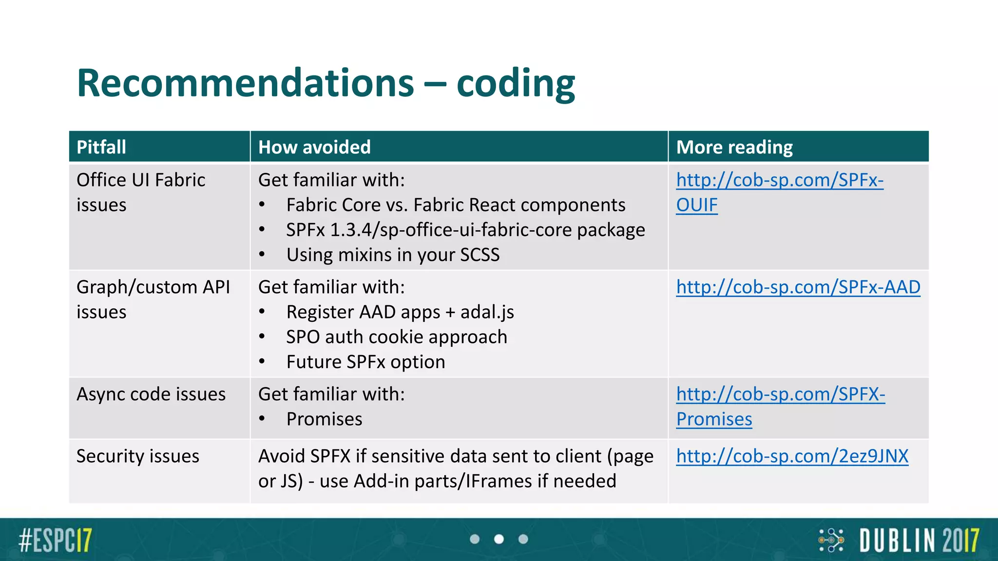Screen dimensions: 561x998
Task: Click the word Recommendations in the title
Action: tap(245, 83)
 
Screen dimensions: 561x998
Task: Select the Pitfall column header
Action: tap(101, 147)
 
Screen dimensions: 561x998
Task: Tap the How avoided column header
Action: tap(314, 147)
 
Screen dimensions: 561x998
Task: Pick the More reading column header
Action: tap(734, 147)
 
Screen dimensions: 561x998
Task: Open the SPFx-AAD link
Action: tap(798, 287)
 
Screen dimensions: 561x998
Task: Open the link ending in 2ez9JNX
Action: tap(792, 456)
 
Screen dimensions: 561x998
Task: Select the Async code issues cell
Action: tap(151, 394)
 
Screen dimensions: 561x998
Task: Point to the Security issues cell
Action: tap(138, 456)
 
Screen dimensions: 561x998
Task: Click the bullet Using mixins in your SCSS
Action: tap(393, 255)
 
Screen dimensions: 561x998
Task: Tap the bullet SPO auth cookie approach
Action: tap(397, 337)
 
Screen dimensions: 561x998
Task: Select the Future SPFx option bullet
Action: tap(365, 362)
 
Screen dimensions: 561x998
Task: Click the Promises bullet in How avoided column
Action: tap(324, 419)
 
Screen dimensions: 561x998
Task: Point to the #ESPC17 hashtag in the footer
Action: tap(55, 540)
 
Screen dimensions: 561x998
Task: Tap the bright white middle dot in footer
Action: tap(499, 539)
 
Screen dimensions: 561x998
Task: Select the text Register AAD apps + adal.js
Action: tap(400, 312)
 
